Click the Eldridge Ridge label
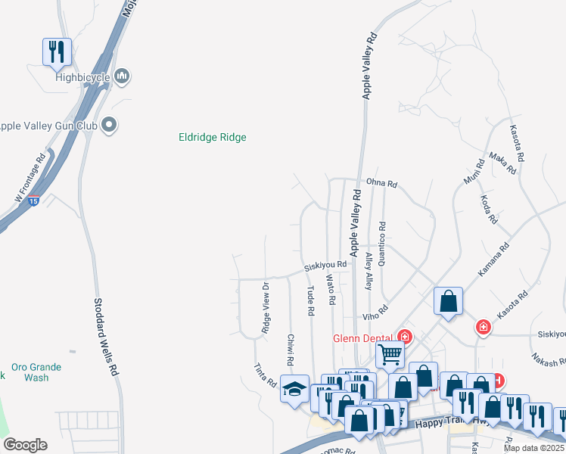point(212,137)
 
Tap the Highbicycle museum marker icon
point(123,76)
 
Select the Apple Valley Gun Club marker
point(110,125)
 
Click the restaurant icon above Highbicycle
point(57,51)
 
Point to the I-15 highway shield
point(33,201)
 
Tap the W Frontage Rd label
point(30,175)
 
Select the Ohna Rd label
point(381,184)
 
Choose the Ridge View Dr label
point(266,308)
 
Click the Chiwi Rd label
point(290,347)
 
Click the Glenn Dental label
point(363,337)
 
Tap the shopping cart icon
point(390,353)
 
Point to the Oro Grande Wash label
point(36,372)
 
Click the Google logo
point(25,445)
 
